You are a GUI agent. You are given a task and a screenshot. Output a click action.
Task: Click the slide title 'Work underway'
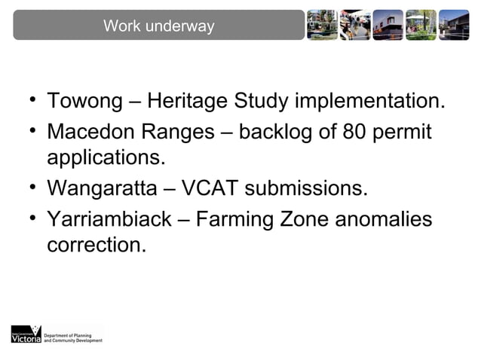coord(158,26)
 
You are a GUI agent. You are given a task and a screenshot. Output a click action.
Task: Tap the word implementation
coord(369,101)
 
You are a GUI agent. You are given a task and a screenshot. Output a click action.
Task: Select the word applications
coord(106,158)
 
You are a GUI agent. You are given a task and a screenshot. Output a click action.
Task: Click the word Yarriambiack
coord(110,219)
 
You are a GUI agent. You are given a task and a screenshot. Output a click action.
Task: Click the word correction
coord(97,245)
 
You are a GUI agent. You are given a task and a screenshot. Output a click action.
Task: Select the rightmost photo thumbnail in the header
coord(454,25)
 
